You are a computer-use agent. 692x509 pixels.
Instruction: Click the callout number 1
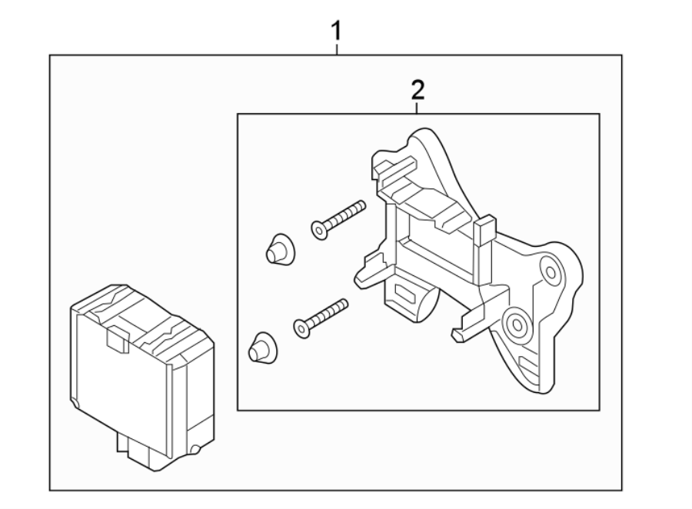pos(336,32)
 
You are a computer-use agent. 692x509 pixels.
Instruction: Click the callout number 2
pos(418,91)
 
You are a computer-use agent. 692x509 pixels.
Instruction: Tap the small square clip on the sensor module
pos(117,339)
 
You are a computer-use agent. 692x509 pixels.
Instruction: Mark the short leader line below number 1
pos(337,50)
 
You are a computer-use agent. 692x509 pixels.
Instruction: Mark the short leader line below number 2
pos(418,108)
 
